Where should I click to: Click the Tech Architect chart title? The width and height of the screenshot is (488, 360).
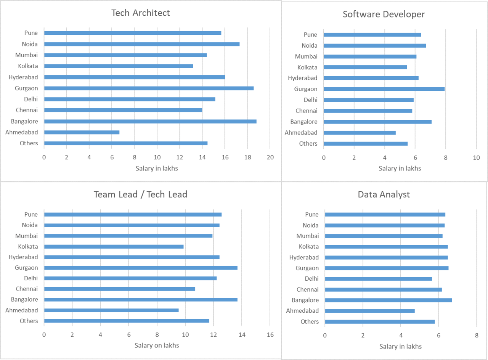(x=140, y=13)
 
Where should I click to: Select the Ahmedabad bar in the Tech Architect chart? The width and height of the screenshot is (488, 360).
(x=82, y=132)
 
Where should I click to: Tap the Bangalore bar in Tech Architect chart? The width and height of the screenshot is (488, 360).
(x=150, y=121)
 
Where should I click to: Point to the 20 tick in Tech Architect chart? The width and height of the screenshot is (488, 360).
(x=270, y=157)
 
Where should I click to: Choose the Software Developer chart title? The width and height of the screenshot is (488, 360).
(x=384, y=14)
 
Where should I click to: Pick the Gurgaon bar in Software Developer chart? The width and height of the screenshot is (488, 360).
(x=384, y=89)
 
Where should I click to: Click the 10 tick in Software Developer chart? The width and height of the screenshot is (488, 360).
(x=476, y=157)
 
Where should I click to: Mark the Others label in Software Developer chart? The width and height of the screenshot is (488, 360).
(x=308, y=144)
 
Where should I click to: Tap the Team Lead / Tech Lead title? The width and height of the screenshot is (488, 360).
(x=140, y=194)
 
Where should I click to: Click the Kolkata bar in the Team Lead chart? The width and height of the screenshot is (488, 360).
(x=114, y=246)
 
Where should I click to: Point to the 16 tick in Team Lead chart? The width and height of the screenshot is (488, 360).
(x=270, y=335)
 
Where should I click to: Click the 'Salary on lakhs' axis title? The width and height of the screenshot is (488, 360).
(x=157, y=346)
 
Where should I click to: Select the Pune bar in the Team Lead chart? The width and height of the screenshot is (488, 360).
(x=133, y=214)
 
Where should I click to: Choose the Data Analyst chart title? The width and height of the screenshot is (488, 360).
(x=384, y=194)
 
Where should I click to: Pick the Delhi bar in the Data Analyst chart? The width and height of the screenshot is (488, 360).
(x=378, y=279)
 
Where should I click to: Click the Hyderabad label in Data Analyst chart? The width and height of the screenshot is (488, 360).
(x=304, y=257)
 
